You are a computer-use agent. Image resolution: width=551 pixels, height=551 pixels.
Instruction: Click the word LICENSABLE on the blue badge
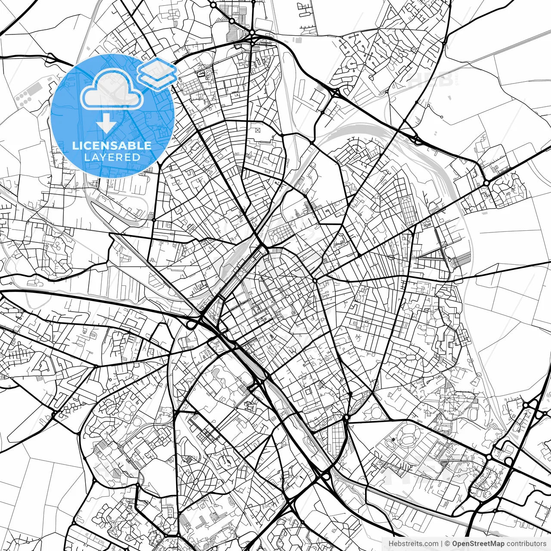point(112,145)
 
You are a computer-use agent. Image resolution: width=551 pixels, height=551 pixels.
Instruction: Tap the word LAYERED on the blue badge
point(112,157)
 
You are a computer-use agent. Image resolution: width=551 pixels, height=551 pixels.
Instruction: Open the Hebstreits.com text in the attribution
point(413,544)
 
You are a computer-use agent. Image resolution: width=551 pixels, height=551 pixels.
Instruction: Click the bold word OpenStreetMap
point(478,544)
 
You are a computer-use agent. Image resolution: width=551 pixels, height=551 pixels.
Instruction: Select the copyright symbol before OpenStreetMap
point(447,544)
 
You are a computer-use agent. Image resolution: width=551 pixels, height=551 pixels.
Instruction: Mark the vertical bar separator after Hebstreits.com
point(442,544)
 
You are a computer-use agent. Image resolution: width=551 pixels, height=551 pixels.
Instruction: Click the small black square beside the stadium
point(393,440)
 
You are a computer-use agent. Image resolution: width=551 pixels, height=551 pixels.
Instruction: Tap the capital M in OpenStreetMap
point(493,544)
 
